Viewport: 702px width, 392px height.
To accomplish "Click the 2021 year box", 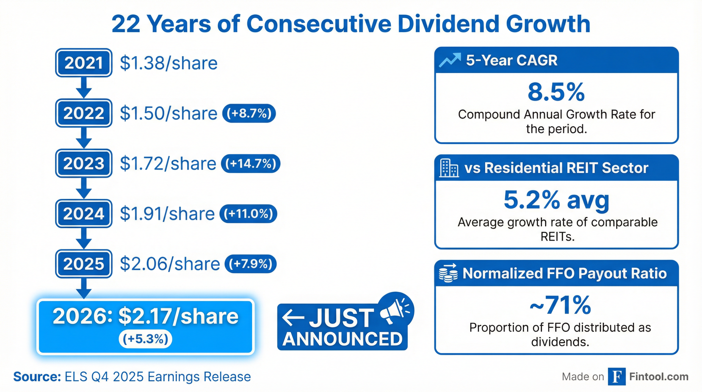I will pyautogui.click(x=84, y=63).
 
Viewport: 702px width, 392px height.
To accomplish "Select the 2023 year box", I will pyautogui.click(x=84, y=163).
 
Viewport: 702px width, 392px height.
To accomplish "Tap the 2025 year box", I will pyautogui.click(x=84, y=264).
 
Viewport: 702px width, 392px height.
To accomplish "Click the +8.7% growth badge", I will pyautogui.click(x=249, y=113).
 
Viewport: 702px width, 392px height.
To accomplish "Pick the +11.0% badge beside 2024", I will pyautogui.click(x=248, y=213).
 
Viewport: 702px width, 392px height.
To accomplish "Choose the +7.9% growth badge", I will pyautogui.click(x=250, y=264).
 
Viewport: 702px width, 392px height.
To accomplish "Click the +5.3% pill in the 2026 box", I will pyautogui.click(x=145, y=339).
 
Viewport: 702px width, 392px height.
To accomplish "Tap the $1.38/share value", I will pyautogui.click(x=169, y=63).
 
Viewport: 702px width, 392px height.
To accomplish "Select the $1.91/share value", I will pyautogui.click(x=167, y=214).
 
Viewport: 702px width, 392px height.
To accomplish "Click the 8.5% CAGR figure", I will pyautogui.click(x=556, y=92).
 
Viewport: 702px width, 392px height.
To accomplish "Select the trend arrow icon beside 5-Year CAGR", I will pyautogui.click(x=450, y=60).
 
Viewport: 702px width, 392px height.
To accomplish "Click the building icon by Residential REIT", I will pyautogui.click(x=448, y=168).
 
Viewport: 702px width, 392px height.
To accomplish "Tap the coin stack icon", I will pyautogui.click(x=448, y=273).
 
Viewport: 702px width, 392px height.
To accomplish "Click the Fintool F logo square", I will pyautogui.click(x=617, y=377).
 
